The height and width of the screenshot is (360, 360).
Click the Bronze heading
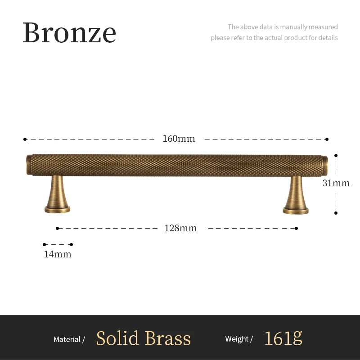[x=69, y=32]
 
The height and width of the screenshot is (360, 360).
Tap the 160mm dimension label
[x=179, y=139]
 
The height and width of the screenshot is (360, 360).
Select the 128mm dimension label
[x=180, y=228]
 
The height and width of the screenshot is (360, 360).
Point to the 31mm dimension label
[x=336, y=183]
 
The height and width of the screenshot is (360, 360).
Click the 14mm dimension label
[x=57, y=254]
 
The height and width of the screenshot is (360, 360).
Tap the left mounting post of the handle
[x=57, y=194]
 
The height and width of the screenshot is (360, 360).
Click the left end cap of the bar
[x=29, y=165]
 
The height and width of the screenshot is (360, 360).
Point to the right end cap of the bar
[x=325, y=165]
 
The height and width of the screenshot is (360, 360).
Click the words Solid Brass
[x=143, y=338]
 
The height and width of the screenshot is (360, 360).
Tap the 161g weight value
[x=283, y=338]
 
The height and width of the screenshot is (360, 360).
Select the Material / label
[x=69, y=339]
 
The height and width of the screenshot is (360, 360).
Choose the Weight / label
[x=239, y=339]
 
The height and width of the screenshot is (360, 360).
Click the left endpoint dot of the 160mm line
[x=25, y=139]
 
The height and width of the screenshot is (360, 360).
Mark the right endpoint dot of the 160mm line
[x=327, y=139]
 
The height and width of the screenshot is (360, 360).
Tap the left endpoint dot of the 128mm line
[x=58, y=228]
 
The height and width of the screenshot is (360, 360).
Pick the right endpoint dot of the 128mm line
[x=296, y=228]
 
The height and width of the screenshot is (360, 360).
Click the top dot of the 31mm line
[x=336, y=155]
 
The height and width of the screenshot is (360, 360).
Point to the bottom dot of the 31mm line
[x=336, y=213]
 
